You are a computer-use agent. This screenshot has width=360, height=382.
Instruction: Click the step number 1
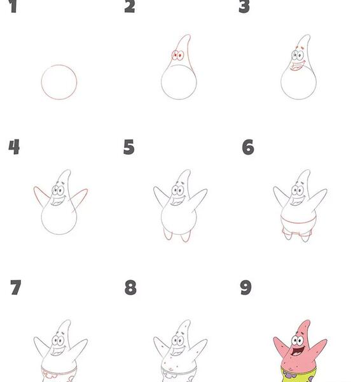(x=13, y=6)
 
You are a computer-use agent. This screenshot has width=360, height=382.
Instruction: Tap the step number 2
(x=130, y=6)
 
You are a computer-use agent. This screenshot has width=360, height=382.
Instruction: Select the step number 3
(x=244, y=6)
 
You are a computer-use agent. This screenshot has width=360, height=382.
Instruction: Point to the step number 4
(x=14, y=147)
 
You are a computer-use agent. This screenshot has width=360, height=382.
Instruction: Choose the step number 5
(x=128, y=147)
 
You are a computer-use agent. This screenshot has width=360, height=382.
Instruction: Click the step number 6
(x=248, y=147)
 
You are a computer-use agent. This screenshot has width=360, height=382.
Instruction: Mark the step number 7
(x=16, y=288)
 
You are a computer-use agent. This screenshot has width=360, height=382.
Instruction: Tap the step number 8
(x=130, y=288)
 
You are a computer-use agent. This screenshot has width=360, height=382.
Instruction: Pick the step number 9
(x=246, y=288)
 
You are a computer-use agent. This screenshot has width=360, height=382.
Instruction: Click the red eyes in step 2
(x=177, y=55)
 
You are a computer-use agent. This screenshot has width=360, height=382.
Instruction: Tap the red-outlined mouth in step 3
(x=297, y=66)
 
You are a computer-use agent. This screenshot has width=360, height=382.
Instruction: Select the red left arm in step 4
(x=39, y=195)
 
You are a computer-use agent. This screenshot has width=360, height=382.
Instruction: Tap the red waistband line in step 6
(x=298, y=222)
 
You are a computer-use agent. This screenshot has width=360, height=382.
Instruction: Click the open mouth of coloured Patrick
(x=298, y=351)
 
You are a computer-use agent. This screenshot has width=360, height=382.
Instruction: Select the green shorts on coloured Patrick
(x=299, y=375)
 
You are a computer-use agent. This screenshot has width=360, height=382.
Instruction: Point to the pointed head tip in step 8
(x=188, y=321)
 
